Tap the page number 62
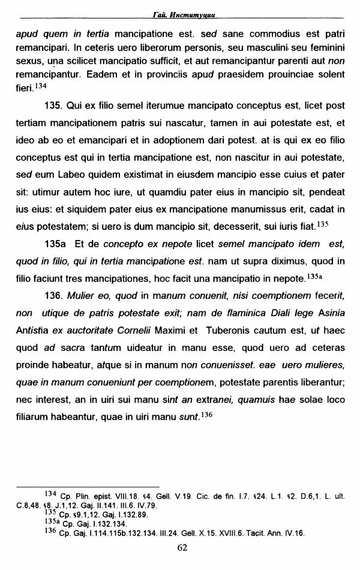coord(182,547)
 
